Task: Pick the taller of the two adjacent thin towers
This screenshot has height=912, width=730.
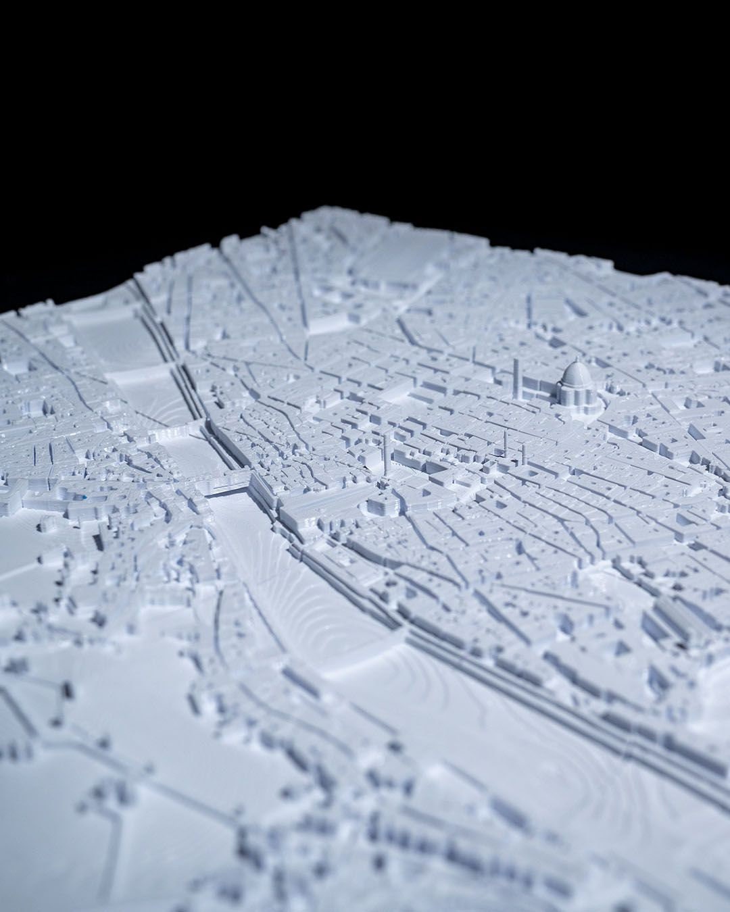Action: pyautogui.click(x=506, y=442)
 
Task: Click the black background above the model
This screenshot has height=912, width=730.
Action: pyautogui.click(x=365, y=101)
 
